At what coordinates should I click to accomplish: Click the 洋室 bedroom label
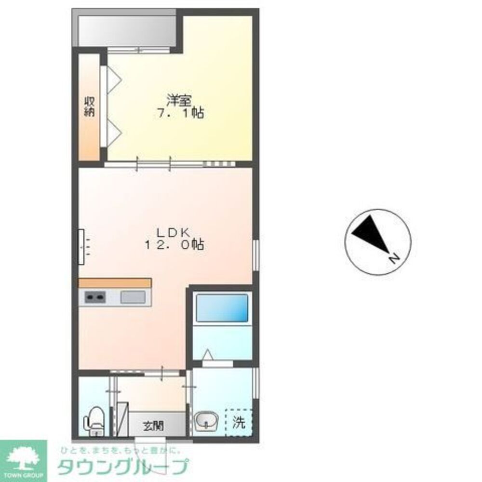[x=179, y=101]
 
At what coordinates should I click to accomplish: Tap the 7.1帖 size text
[x=180, y=113]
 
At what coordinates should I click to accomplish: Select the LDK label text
[x=174, y=232]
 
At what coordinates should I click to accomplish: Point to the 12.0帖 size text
[x=174, y=245]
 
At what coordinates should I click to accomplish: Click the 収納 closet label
[x=90, y=107]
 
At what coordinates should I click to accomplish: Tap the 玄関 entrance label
[x=153, y=426]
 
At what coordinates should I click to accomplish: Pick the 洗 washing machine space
[x=239, y=422]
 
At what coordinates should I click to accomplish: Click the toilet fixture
[x=94, y=421]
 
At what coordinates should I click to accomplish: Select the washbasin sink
[x=207, y=420]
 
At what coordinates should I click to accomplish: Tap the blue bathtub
[x=222, y=308]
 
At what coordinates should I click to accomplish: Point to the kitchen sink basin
[x=133, y=297]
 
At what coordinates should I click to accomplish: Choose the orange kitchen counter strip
[x=115, y=283]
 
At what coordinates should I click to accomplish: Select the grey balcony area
[x=127, y=31]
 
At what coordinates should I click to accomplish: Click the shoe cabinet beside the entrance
[x=122, y=419]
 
